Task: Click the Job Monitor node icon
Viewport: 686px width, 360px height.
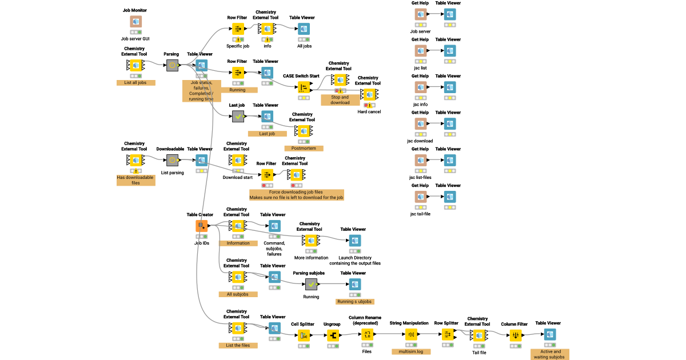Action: [x=135, y=22]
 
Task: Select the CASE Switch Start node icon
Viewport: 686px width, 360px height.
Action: [x=304, y=87]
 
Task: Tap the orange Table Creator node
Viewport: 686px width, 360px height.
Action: [x=201, y=226]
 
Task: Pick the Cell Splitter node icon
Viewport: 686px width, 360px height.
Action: [x=304, y=335]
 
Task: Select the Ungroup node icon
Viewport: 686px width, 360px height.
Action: [x=332, y=335]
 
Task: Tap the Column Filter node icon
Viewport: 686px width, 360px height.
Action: [x=516, y=335]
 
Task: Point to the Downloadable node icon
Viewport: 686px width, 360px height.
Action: [x=172, y=160]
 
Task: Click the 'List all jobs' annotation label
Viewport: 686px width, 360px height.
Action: [x=135, y=82]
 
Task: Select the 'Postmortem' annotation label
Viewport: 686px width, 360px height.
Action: [x=304, y=149]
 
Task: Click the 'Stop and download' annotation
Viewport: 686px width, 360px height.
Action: [x=340, y=99]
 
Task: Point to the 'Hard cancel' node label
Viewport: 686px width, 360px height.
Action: [x=369, y=111]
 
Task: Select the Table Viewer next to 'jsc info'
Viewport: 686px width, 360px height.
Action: [x=450, y=87]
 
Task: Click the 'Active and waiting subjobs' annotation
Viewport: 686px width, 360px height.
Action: [x=550, y=354]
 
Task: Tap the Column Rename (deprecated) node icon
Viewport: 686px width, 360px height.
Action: [x=368, y=335]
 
